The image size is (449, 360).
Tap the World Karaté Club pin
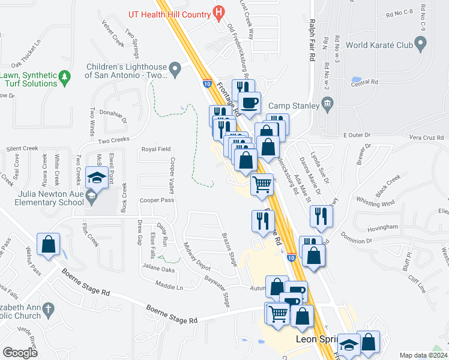point(421,44)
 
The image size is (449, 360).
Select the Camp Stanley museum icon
point(328,106)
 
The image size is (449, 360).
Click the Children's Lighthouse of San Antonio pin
point(175,70)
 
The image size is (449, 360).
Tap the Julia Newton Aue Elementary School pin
point(91,196)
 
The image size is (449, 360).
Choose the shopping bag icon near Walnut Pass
point(49,245)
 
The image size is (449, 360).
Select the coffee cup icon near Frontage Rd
point(249,102)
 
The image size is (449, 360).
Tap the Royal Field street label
point(156,149)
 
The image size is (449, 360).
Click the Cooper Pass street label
point(157,200)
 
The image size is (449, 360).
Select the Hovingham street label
point(382,227)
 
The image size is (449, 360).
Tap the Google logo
point(20,353)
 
